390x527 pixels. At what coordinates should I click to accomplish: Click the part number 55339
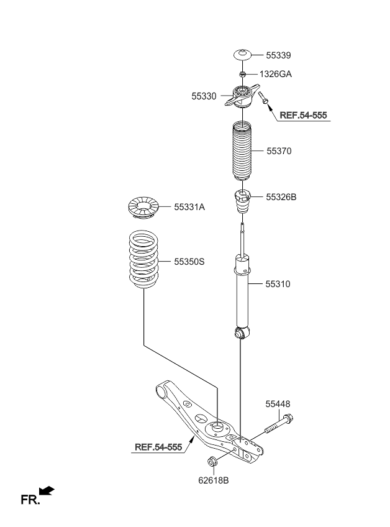coord(278,55)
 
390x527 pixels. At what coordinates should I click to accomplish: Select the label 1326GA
coord(276,74)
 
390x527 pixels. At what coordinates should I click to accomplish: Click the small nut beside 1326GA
coord(242,74)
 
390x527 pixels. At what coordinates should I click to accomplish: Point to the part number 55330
coord(204,96)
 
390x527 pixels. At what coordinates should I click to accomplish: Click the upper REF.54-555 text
coord(303,116)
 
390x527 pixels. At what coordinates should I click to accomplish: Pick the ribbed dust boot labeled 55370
coord(242,150)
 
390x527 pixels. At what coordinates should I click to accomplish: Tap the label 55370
coord(279,151)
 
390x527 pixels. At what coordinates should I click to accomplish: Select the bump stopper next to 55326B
coord(242,201)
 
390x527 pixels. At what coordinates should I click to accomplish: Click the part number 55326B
coord(281,197)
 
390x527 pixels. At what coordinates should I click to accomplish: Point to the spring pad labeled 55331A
coord(144,208)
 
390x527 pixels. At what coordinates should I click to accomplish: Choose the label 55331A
coord(189,207)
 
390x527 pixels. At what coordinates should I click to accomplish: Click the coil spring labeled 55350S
coord(143,259)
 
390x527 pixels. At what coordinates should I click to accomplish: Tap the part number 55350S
coord(189,262)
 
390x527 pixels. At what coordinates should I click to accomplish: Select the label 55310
coord(278,284)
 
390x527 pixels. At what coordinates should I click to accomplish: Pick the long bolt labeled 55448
coord(279,424)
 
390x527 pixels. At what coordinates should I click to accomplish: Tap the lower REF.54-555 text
coord(158,447)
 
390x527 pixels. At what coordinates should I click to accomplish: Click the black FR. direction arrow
coord(47,490)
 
